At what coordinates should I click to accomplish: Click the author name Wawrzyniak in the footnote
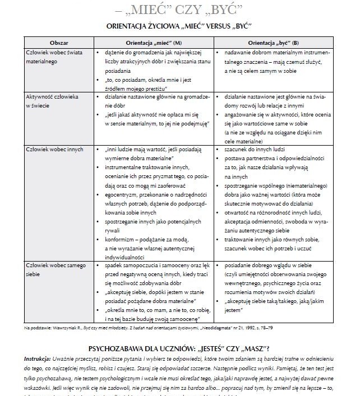coord(68,327)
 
